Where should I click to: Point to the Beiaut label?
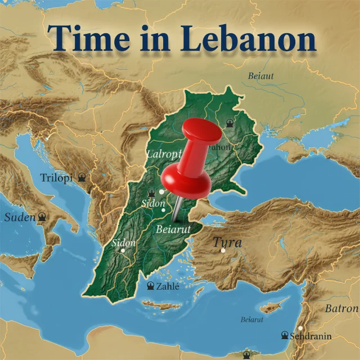[262, 76]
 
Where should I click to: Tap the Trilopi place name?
[56, 178]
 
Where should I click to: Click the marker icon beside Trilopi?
[82, 178]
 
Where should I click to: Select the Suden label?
[20, 217]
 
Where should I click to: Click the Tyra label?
[227, 243]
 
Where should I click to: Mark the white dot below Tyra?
[223, 250]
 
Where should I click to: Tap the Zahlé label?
[167, 286]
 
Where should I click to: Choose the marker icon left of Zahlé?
[150, 286]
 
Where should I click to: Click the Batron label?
[341, 309]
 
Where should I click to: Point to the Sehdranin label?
[310, 336]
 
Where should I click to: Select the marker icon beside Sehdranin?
[285, 336]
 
